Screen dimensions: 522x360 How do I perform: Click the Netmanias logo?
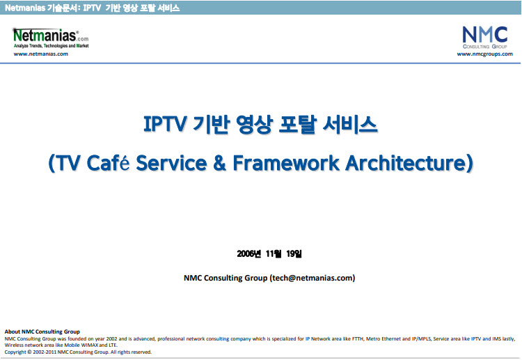[x=51, y=38]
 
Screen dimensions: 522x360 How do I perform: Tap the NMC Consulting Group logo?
[x=484, y=38]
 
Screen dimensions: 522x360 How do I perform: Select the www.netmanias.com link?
[x=40, y=54]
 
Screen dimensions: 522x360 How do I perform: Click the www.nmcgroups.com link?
[x=484, y=54]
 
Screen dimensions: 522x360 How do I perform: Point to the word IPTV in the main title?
[x=164, y=124]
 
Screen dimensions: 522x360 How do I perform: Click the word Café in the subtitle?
[x=108, y=163]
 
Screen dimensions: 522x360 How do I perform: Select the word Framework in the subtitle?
[x=286, y=163]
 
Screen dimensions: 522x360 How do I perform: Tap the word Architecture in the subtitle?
[x=406, y=163]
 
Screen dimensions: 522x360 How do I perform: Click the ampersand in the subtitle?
[x=220, y=163]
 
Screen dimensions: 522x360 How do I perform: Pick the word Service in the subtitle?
[x=171, y=163]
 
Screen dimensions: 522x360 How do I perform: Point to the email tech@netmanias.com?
[x=313, y=278]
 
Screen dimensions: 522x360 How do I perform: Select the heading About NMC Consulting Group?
[x=42, y=331]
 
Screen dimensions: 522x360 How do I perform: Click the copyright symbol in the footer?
[x=29, y=352]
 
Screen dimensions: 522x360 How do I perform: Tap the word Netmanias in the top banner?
[x=25, y=8]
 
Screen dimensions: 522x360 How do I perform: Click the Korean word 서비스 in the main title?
[x=350, y=124]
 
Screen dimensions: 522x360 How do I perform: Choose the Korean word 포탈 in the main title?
[x=297, y=124]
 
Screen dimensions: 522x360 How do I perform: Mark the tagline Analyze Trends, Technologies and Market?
[x=52, y=46]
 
